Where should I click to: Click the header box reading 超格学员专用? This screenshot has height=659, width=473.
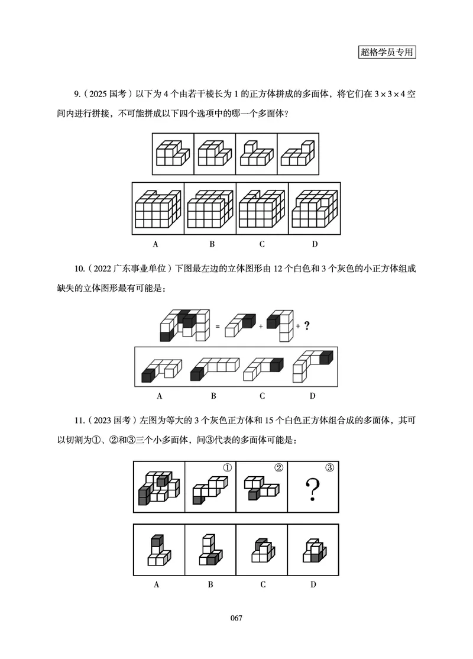387,52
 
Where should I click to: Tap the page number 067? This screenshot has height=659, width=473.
237,618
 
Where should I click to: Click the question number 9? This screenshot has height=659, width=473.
76,94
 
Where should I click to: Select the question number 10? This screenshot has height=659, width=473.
79,270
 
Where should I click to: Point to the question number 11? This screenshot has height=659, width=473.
79,421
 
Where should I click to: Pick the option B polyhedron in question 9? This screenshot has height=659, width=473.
210,209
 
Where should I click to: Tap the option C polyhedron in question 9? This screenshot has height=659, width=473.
262,209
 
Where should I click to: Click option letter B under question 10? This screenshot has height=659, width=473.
213,395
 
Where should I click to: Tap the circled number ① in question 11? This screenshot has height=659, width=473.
226,468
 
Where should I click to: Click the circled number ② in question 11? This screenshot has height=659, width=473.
278,468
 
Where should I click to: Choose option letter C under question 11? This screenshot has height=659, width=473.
262,584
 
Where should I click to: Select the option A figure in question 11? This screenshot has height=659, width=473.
157,551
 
